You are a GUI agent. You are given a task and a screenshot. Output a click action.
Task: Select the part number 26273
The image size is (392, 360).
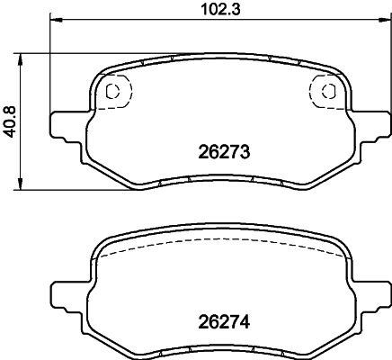pyautogui.click(x=222, y=153)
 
